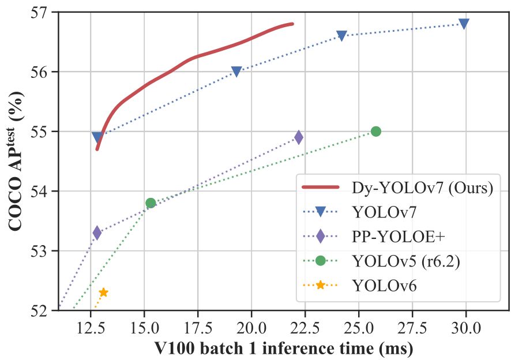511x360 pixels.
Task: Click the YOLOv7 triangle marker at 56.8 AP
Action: [x=464, y=24]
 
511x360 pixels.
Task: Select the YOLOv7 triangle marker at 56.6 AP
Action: [x=341, y=36]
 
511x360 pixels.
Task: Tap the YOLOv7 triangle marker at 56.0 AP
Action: [x=236, y=72]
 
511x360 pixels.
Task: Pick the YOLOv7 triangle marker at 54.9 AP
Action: [x=97, y=137]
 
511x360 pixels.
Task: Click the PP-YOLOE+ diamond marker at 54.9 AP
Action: [x=298, y=137]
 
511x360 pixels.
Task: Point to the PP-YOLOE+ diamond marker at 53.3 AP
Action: [x=97, y=232]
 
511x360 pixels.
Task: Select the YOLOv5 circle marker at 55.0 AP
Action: [x=376, y=131]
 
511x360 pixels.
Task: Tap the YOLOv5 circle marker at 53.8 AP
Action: [x=151, y=202]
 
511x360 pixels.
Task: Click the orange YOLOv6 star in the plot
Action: [x=103, y=292]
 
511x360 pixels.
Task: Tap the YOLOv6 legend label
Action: [x=384, y=284]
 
